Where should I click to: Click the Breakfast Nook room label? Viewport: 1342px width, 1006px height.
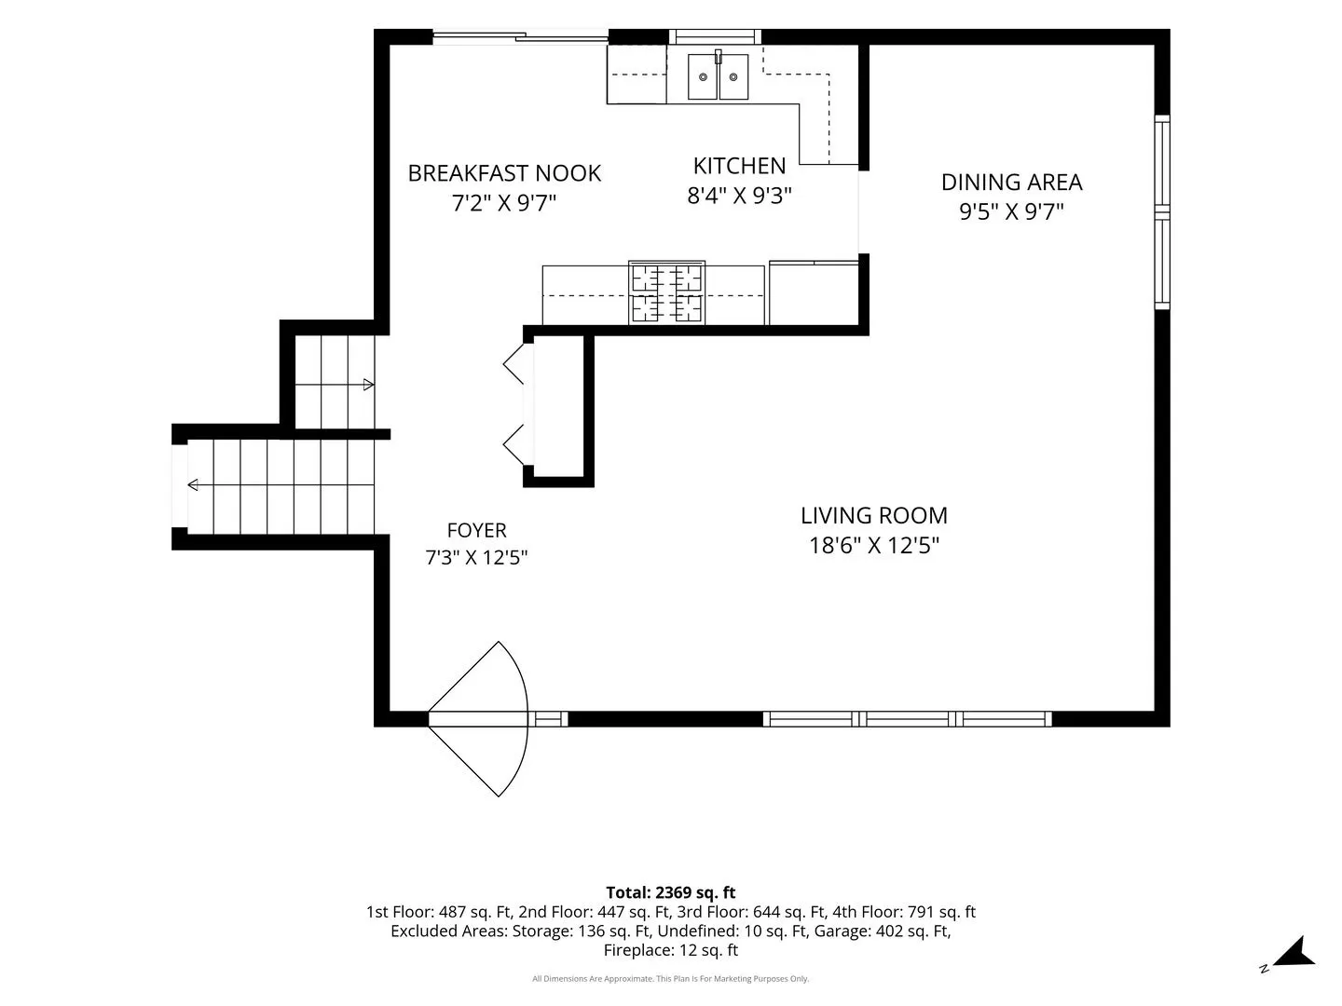[504, 173]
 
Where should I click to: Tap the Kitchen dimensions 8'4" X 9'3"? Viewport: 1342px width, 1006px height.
[739, 196]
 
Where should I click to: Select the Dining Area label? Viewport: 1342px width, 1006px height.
[1011, 182]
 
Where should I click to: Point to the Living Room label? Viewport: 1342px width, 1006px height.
[873, 515]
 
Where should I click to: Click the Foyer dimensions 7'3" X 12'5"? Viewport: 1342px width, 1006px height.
[476, 558]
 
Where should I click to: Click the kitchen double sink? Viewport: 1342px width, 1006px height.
[718, 76]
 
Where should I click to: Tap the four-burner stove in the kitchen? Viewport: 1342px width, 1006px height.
[666, 292]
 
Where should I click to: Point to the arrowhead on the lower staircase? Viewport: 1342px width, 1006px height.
[193, 485]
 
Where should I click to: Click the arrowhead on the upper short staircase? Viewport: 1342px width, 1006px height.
[369, 385]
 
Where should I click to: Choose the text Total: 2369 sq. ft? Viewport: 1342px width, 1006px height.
[671, 892]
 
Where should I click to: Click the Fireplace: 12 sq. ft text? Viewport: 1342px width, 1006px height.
[671, 950]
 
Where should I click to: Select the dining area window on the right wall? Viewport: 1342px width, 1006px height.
[1161, 212]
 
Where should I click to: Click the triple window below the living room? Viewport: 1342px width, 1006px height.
[908, 719]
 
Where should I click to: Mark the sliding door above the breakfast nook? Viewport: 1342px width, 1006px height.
[520, 36]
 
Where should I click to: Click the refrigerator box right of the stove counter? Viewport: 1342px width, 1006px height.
[814, 293]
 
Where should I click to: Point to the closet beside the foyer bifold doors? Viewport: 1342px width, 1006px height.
[558, 406]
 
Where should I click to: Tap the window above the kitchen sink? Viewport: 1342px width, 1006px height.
[715, 36]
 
